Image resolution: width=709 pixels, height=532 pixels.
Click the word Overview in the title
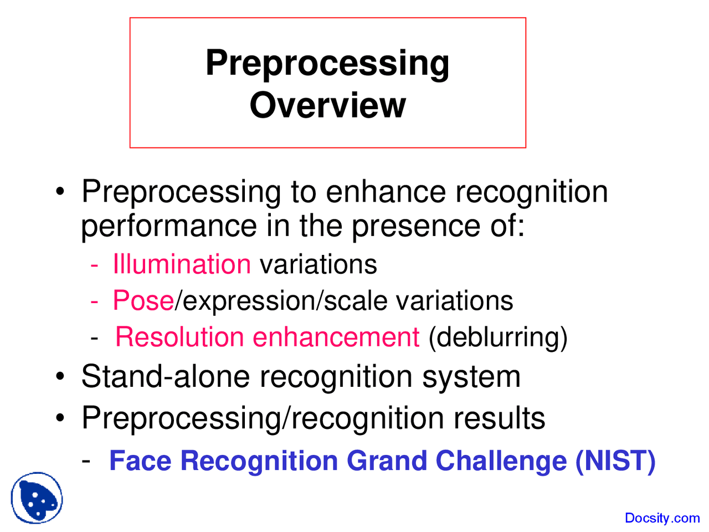click(x=327, y=105)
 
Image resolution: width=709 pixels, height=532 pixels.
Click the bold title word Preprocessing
click(x=327, y=63)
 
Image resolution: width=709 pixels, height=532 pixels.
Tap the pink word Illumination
click(x=182, y=264)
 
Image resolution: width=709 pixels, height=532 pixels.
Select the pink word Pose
click(x=143, y=300)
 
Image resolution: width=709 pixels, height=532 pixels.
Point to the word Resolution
click(x=179, y=337)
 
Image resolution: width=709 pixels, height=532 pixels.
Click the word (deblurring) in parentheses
click(x=498, y=338)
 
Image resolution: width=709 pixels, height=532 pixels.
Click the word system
click(x=471, y=378)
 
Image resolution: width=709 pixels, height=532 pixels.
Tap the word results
click(x=500, y=418)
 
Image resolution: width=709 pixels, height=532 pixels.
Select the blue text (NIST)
click(x=615, y=461)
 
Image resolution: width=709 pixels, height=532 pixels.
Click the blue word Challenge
click(x=501, y=461)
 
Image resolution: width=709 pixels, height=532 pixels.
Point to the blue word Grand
click(x=387, y=461)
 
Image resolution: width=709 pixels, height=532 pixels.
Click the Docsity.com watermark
click(x=662, y=518)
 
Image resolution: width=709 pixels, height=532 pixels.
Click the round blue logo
click(x=37, y=498)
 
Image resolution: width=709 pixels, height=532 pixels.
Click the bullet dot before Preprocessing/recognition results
click(x=60, y=418)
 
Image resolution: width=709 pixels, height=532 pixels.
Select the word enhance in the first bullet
click(x=386, y=191)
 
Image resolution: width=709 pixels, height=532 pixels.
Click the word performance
click(x=169, y=227)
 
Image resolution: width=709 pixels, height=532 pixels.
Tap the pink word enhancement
click(x=336, y=337)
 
